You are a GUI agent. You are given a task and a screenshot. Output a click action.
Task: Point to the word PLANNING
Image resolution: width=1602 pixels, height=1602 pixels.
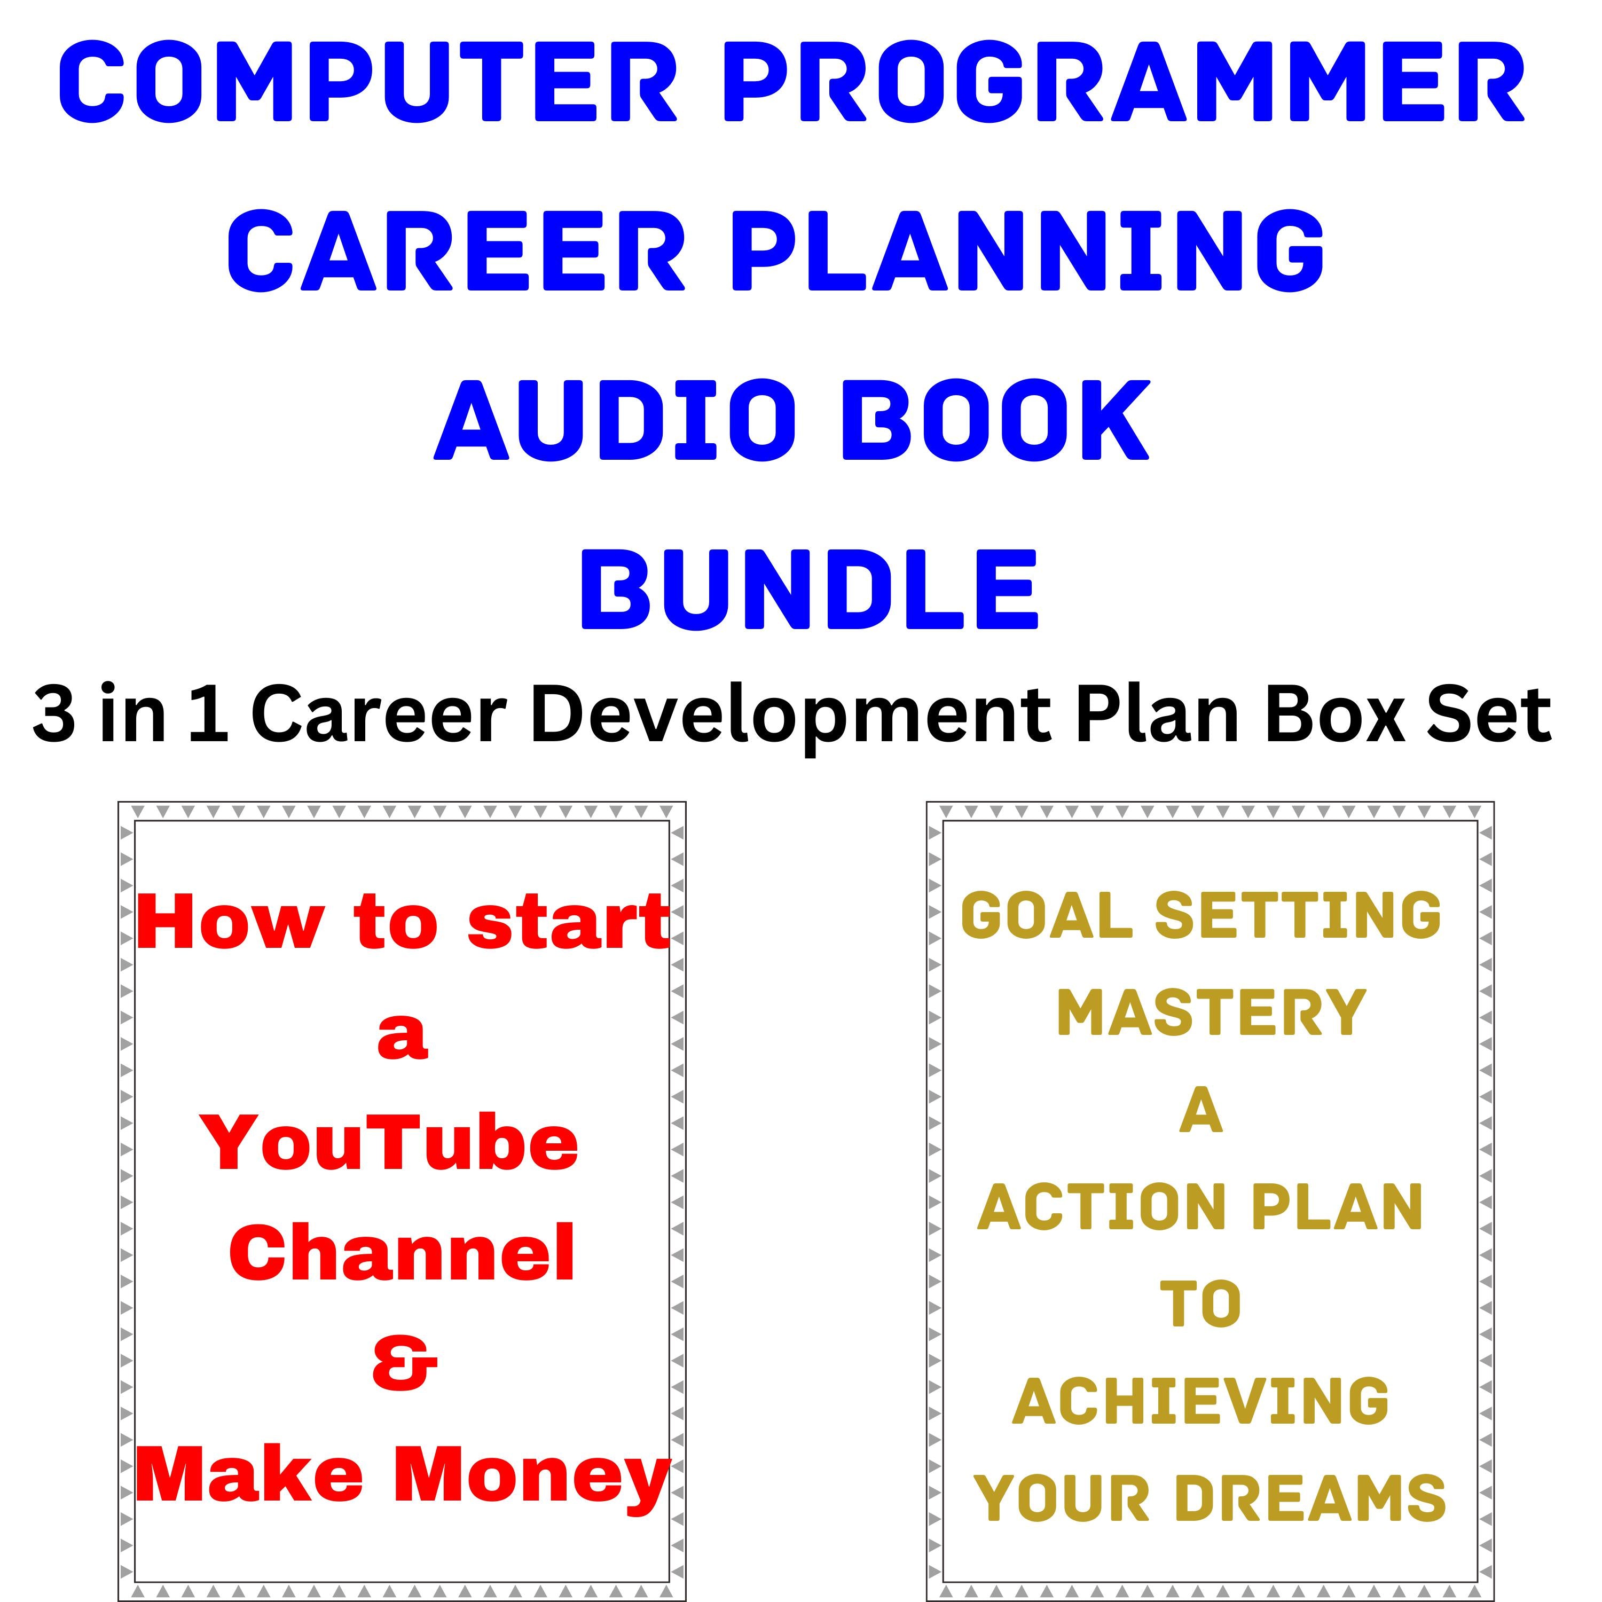point(1027,250)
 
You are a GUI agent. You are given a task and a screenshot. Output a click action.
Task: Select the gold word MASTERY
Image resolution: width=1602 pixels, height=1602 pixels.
point(1210,1014)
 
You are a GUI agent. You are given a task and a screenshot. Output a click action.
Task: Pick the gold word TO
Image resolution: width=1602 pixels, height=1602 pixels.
point(1200,1305)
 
